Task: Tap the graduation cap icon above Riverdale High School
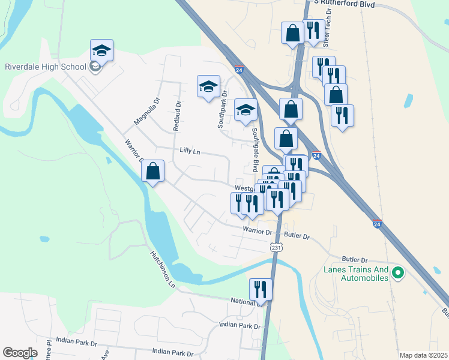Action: point(101,52)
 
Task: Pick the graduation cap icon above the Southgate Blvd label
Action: point(245,110)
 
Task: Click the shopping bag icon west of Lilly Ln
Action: point(153,172)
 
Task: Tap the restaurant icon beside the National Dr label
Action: point(261,289)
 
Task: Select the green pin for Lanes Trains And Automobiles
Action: point(397,274)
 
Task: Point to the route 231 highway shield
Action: point(276,247)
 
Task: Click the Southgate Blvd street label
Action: point(255,149)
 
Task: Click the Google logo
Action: point(20,353)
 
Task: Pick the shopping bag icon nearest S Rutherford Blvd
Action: point(293,34)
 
